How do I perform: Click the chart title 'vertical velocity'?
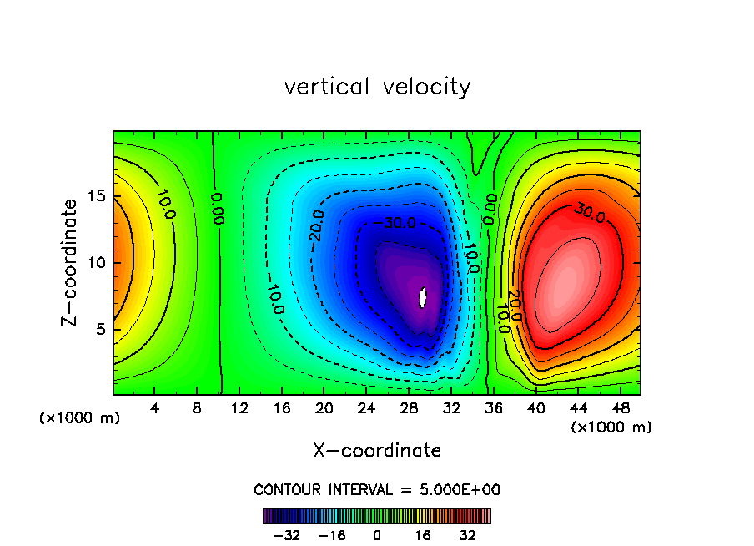(x=377, y=87)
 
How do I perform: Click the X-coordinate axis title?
(x=377, y=451)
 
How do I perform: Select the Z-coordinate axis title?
(x=72, y=262)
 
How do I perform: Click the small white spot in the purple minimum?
(x=423, y=297)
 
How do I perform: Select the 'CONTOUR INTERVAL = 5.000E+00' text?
(x=377, y=490)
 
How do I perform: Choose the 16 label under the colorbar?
(x=424, y=534)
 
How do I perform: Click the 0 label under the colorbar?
(x=377, y=534)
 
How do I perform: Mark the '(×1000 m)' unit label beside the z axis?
(x=80, y=418)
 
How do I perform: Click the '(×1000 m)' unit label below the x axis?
(x=611, y=427)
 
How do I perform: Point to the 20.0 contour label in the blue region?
(x=316, y=226)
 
